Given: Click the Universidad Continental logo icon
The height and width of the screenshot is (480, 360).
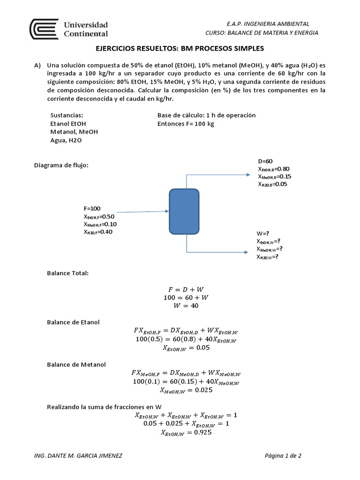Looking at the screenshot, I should pos(45,30).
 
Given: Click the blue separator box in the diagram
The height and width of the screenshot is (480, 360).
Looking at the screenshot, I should pos(184,211).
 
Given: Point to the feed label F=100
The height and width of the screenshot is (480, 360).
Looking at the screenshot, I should pos(92,209).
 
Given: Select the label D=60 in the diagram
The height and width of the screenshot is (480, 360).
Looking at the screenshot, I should pos(265,161).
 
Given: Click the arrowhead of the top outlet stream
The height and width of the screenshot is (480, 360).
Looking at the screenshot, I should pos(248,174).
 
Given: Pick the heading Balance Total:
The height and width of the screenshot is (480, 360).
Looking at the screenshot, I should pos(67,273).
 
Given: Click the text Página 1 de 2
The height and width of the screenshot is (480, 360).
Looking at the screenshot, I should pos(283,456).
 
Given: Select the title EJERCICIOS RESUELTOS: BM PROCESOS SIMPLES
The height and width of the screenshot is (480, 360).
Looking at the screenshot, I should pos(180,48).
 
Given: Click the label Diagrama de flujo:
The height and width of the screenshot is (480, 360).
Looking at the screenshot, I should pos(61,165).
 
